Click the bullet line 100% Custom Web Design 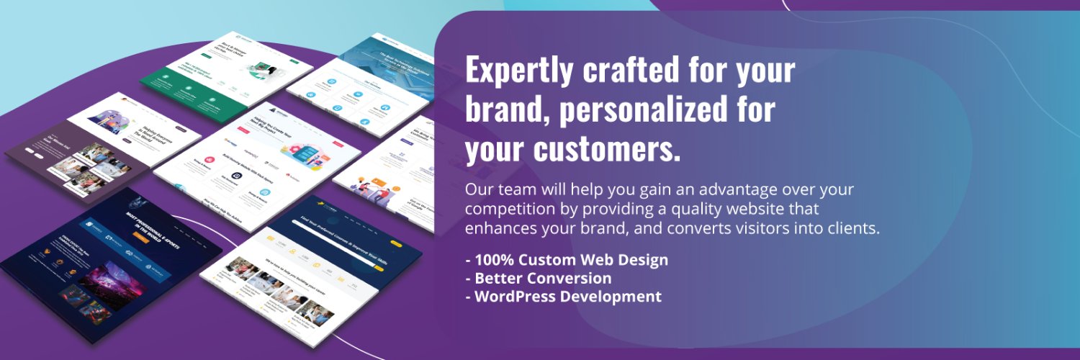(567, 260)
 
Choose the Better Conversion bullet (539, 278)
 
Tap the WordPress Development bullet (563, 296)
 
